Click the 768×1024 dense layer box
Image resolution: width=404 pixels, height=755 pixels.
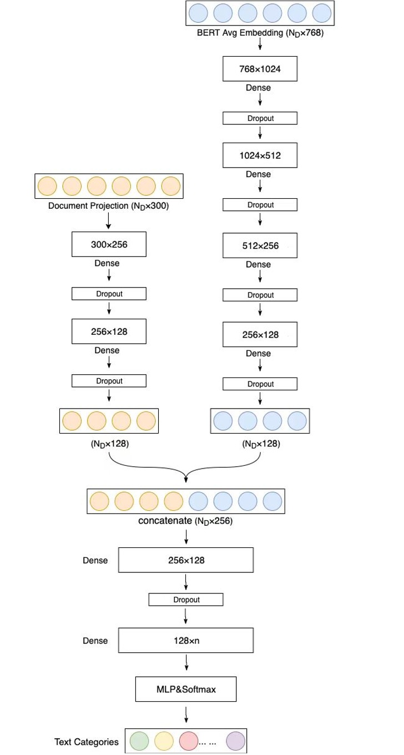(x=260, y=69)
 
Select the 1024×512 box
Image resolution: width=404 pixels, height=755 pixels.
(x=260, y=155)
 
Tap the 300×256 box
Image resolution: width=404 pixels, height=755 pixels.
(x=109, y=244)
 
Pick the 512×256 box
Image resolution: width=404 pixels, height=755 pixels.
(x=260, y=245)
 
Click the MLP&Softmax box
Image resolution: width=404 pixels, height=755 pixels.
(x=186, y=689)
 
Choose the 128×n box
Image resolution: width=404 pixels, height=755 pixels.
(x=186, y=641)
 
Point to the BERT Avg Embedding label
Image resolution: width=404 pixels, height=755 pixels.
(x=260, y=33)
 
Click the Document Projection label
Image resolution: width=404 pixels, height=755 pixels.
(x=108, y=207)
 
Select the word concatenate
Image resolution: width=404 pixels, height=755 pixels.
(x=165, y=521)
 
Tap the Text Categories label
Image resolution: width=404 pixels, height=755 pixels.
(x=86, y=742)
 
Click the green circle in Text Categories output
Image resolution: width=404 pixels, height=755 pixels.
(x=139, y=741)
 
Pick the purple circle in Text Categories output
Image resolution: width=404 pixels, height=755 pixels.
(x=235, y=741)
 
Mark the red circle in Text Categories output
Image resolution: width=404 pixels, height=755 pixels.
(x=189, y=741)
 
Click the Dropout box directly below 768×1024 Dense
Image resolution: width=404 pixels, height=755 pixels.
(x=260, y=118)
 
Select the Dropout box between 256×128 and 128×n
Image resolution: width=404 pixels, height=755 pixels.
(x=186, y=600)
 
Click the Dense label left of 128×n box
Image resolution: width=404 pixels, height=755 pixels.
(x=95, y=641)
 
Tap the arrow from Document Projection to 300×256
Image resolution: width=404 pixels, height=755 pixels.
(x=109, y=221)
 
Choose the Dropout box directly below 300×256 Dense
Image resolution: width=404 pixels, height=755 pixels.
(x=109, y=294)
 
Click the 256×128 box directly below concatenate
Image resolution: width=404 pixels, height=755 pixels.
(x=186, y=560)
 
